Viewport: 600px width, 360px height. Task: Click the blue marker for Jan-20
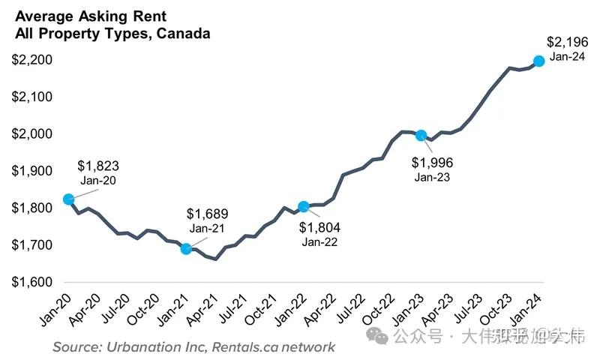(68, 199)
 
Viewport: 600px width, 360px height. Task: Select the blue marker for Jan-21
(186, 249)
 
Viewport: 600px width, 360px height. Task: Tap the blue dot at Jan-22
(304, 206)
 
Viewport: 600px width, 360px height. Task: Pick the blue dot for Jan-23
(421, 136)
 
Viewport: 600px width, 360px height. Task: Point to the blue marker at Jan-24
(538, 61)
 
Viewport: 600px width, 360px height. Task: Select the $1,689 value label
(207, 214)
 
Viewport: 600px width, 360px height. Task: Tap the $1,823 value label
(100, 166)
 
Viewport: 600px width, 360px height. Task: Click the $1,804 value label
(319, 227)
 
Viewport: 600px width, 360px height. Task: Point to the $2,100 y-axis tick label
(31, 97)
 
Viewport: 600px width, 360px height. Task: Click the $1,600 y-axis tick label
(31, 282)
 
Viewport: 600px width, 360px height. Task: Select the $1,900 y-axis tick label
(31, 171)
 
